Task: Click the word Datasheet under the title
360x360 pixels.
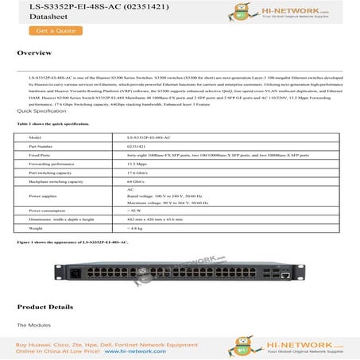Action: tap(34, 17)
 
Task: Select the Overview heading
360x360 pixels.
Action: tap(34, 52)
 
